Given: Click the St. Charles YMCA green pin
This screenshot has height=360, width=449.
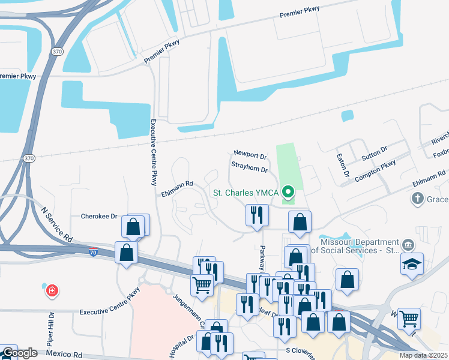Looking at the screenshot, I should click(288, 193).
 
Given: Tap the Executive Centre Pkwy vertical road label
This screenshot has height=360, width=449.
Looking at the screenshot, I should click(154, 151).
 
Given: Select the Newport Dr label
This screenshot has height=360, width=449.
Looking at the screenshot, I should click(250, 155).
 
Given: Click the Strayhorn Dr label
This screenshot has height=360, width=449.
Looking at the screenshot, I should click(249, 170).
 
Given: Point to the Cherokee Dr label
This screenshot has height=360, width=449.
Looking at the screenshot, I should click(99, 216).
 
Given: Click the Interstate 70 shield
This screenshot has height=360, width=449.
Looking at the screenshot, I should click(93, 254).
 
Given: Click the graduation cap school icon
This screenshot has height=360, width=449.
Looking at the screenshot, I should click(412, 264).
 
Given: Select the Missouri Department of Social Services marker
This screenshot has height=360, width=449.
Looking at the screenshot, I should click(408, 244).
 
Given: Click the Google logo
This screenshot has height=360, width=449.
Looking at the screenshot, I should click(19, 353).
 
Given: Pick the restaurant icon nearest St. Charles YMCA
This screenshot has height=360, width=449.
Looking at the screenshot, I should click(257, 216).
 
